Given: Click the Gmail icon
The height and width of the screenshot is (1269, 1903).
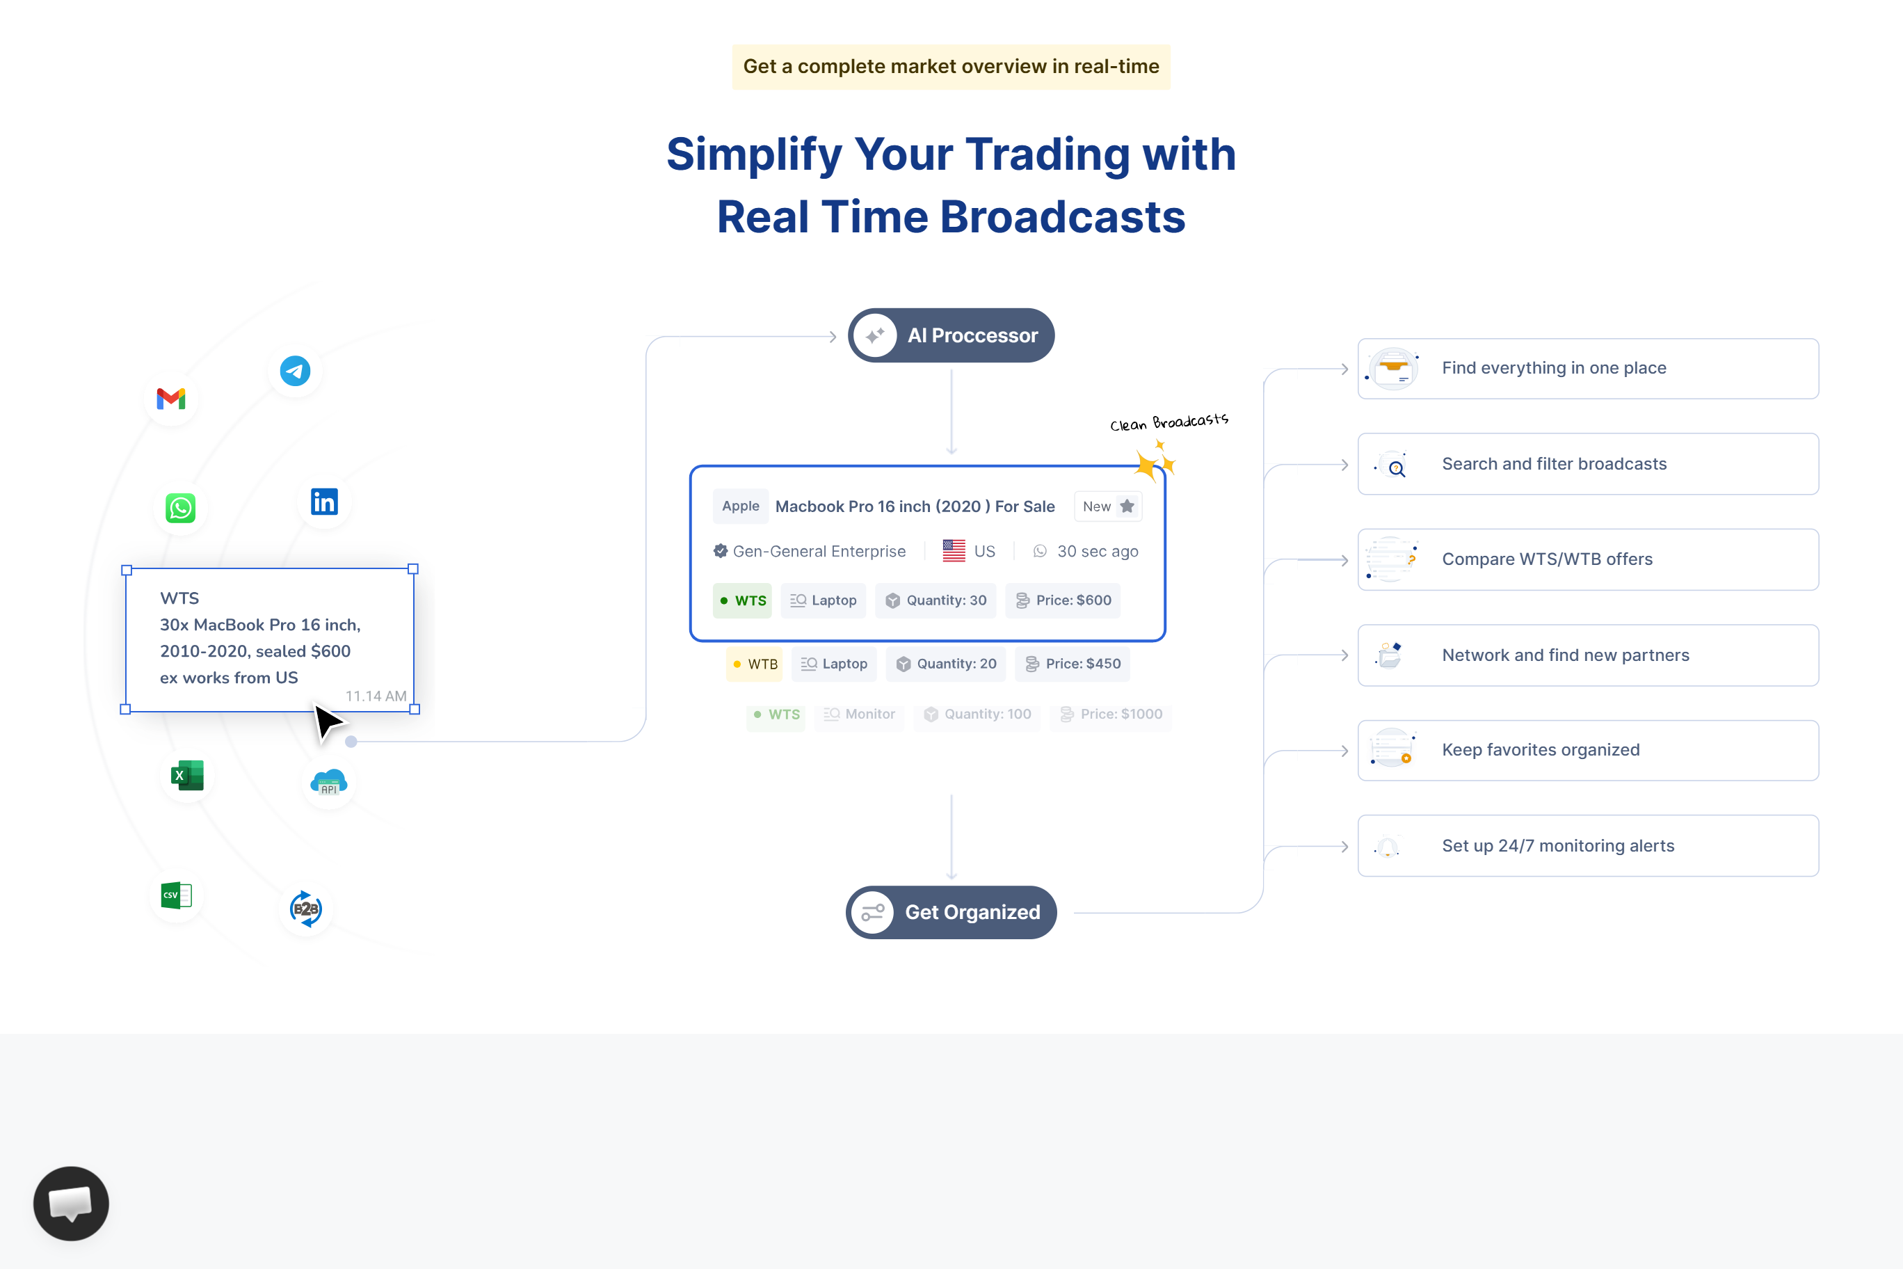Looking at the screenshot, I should pos(170,399).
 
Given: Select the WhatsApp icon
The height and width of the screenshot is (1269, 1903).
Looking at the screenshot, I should pos(180,509).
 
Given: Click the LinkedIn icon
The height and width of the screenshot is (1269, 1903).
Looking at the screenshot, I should pos(324,502).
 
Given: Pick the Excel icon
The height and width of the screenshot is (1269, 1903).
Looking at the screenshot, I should pos(187,775).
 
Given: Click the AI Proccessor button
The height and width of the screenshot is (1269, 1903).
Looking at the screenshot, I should pos(951,335).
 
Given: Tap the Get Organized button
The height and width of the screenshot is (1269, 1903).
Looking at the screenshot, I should pos(951,912).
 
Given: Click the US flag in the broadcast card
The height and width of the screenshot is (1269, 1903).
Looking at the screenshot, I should pos(954,551).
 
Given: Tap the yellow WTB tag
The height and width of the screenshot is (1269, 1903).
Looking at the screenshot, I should pos(754,664).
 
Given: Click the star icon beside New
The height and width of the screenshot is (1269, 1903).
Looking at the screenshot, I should pos(1127,506).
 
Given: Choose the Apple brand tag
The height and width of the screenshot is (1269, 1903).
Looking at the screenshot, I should pos(740,506).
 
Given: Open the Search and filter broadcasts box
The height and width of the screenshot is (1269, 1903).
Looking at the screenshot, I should pos(1587,464).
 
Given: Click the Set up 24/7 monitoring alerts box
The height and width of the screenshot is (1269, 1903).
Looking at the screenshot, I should pos(1587,846).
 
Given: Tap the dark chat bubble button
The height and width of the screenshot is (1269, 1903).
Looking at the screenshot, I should pos(71,1204).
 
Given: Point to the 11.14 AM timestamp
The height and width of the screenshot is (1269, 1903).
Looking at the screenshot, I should pos(376,696).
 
